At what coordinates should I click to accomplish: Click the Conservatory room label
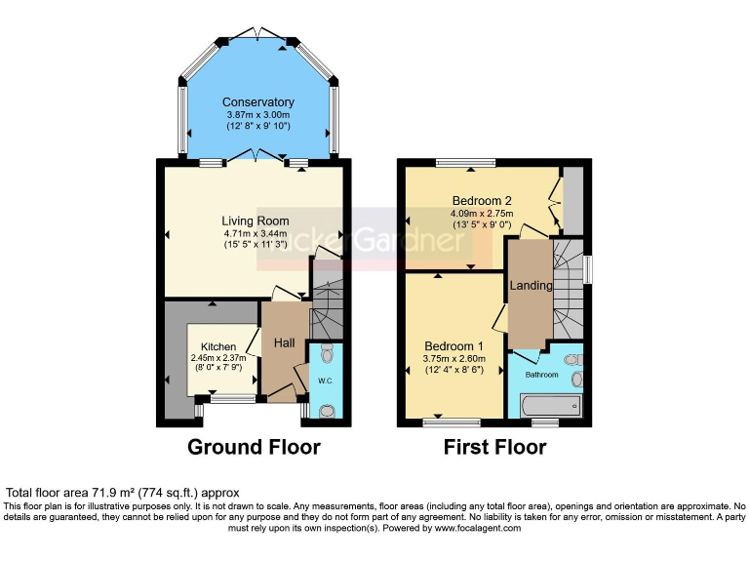tap(257, 102)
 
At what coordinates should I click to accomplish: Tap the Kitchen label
tap(218, 346)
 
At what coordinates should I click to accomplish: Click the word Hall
tap(284, 342)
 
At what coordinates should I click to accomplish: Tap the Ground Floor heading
tap(255, 448)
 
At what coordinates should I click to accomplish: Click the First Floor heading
tap(494, 448)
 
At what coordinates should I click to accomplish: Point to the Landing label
tap(531, 286)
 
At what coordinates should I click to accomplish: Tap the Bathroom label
tap(542, 375)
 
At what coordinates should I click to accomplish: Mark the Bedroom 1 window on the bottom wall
tap(452, 422)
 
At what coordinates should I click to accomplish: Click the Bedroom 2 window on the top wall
tap(465, 162)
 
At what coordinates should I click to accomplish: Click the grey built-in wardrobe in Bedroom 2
tap(572, 200)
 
